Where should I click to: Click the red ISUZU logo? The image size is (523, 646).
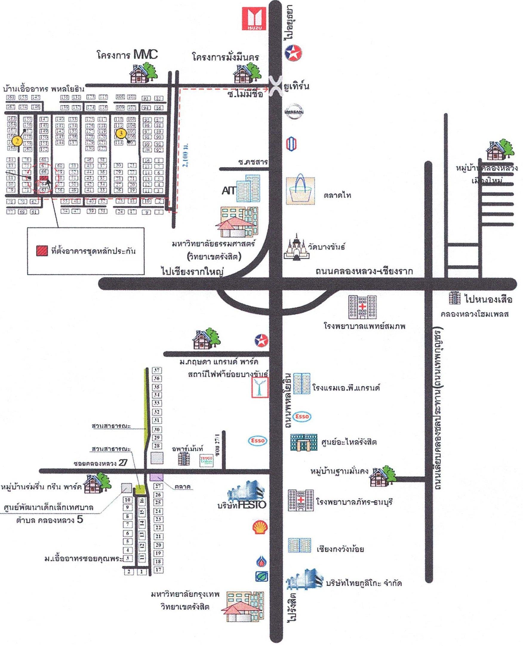pyautogui.click(x=255, y=19)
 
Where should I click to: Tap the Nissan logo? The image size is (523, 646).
pyautogui.click(x=294, y=112)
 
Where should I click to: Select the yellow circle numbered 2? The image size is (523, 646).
pyautogui.click(x=17, y=141)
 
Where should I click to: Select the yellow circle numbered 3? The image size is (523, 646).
pyautogui.click(x=121, y=133)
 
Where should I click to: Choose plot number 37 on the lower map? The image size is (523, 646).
pyautogui.click(x=157, y=370)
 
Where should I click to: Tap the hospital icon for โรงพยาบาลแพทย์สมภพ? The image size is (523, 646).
pyautogui.click(x=362, y=307)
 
